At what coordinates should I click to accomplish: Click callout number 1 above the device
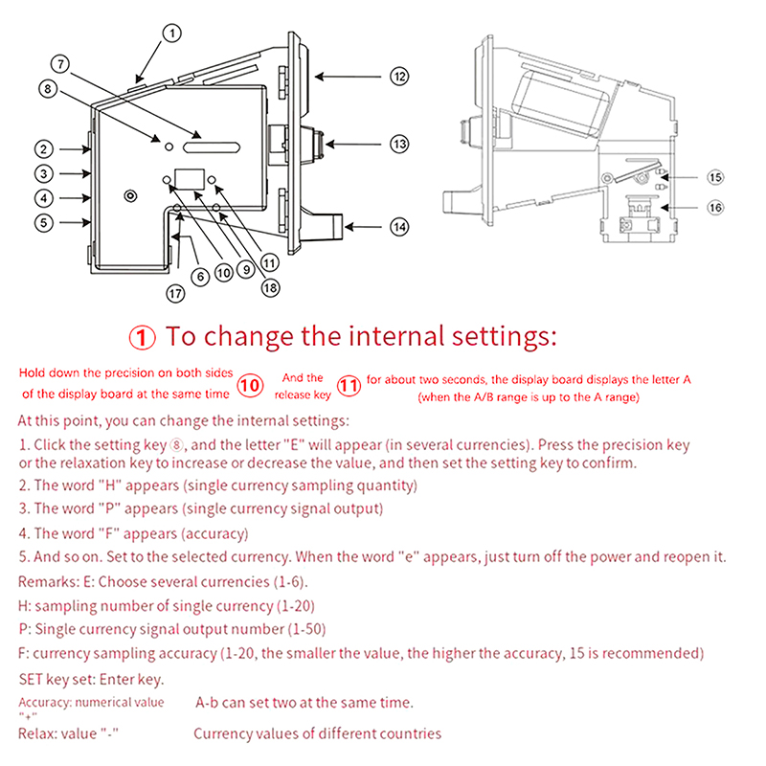(171, 34)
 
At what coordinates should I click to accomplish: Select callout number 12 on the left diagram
(399, 76)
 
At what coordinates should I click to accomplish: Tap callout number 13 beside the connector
(399, 145)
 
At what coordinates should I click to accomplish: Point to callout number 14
(399, 227)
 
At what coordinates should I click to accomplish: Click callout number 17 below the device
(174, 294)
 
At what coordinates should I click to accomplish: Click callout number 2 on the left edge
(44, 148)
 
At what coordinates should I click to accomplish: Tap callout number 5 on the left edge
(44, 222)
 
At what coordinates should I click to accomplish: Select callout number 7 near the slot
(60, 65)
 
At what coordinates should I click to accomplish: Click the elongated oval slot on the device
(212, 147)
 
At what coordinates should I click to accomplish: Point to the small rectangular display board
(188, 178)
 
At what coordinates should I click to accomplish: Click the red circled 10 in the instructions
(250, 385)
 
